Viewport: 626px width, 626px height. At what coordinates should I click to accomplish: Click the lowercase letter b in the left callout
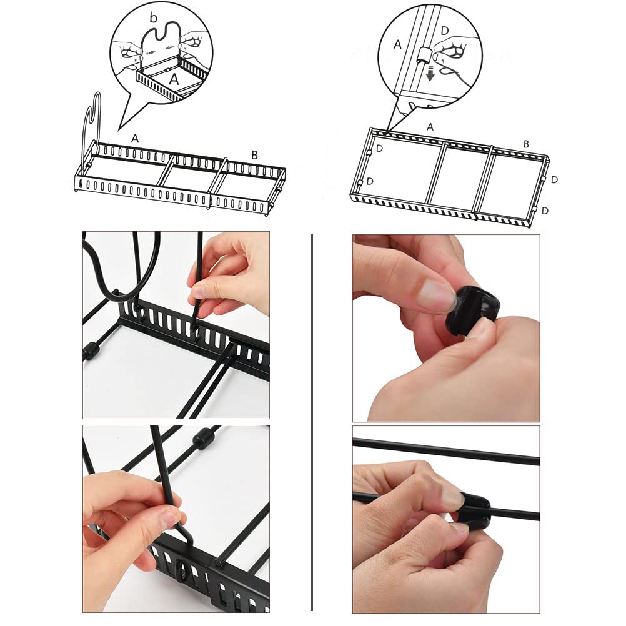point(154,17)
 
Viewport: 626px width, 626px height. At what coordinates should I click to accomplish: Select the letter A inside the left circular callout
point(174,79)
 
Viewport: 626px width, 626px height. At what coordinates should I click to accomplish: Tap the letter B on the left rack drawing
point(254,155)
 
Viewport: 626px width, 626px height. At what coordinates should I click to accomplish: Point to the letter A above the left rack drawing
point(135,139)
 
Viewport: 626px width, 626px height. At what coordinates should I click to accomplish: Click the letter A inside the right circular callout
point(397,45)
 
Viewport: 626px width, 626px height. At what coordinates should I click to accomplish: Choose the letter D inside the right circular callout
point(445,31)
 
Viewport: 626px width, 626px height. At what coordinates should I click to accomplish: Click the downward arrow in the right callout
point(430,74)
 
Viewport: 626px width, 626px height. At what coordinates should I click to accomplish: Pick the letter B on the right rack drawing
point(526,144)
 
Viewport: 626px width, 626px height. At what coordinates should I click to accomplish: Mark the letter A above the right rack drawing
point(430,127)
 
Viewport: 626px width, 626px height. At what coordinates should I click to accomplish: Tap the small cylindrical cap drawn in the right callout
point(423,55)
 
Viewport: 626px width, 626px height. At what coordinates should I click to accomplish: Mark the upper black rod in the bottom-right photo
point(446,450)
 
